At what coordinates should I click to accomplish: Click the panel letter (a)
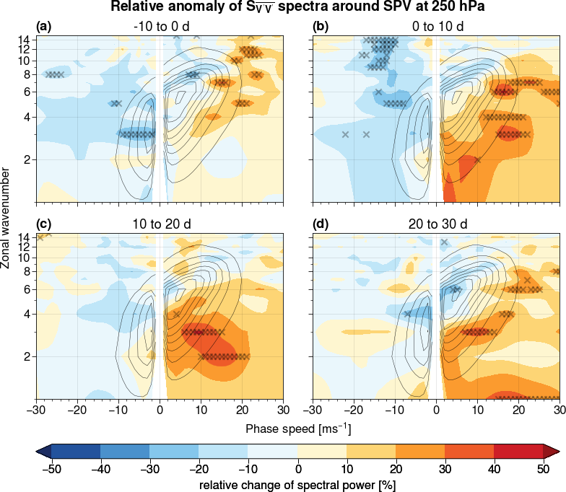pyautogui.click(x=44, y=27)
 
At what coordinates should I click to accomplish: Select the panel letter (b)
pyautogui.click(x=321, y=27)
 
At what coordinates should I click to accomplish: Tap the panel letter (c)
pyautogui.click(x=44, y=224)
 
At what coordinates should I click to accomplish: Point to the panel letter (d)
pyautogui.click(x=321, y=224)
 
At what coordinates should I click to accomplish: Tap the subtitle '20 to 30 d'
pyautogui.click(x=436, y=224)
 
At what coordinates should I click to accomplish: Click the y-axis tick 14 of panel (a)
pyautogui.click(x=23, y=40)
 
